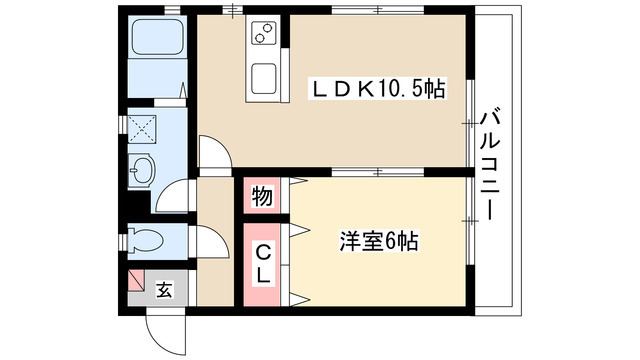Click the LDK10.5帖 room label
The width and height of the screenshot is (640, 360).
(379, 89)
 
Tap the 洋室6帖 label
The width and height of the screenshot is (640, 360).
(379, 241)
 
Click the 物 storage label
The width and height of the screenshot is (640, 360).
(262, 197)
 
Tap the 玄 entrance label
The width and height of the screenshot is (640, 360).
(164, 290)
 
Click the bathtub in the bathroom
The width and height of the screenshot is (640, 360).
(157, 37)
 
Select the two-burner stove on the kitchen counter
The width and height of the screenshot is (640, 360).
(263, 33)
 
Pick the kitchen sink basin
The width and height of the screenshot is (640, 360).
(263, 79)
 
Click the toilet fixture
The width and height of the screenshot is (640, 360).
(145, 241)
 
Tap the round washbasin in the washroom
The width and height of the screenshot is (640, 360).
(141, 169)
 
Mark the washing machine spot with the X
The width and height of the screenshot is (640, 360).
(142, 129)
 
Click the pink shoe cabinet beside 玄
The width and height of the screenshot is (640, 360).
(136, 281)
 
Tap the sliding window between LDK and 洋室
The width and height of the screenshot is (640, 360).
(378, 172)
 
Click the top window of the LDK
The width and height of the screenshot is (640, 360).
(378, 10)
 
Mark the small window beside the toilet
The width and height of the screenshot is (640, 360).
(123, 241)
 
